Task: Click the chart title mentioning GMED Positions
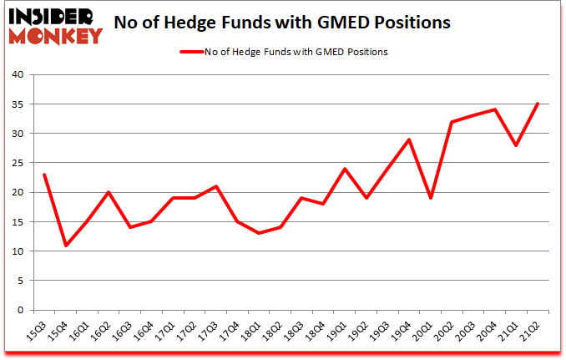tap(318, 23)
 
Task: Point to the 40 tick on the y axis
tap(19, 74)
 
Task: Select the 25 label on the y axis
tap(19, 163)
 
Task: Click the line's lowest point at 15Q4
tap(65, 245)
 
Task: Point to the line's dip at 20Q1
tap(431, 198)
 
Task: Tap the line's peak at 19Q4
tap(409, 139)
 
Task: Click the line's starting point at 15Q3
tap(43, 175)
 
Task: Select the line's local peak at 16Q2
tap(109, 192)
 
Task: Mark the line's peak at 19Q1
tap(345, 169)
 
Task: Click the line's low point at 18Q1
tap(259, 233)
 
